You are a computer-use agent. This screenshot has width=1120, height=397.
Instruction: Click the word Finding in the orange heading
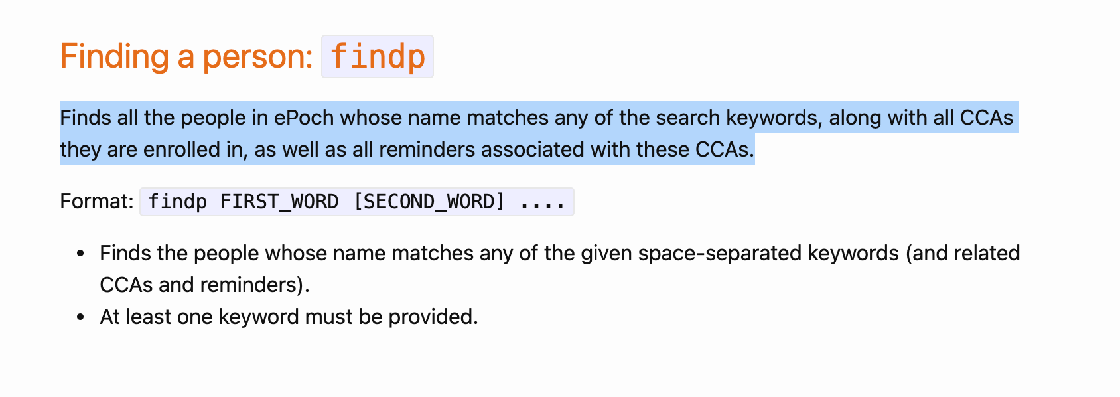point(115,56)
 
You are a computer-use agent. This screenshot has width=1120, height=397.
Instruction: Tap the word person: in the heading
point(257,56)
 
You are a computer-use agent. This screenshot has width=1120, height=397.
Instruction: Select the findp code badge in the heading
point(378,56)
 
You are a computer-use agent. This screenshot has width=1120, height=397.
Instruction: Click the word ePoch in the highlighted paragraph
point(304,118)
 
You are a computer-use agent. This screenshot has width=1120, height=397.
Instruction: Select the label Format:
point(97,201)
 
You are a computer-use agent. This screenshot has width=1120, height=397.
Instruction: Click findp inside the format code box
point(177,202)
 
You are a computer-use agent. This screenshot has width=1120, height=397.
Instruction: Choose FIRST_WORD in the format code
point(279,202)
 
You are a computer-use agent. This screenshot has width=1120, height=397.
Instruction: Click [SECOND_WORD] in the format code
point(429,202)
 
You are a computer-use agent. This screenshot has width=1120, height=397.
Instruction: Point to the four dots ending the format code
point(542,202)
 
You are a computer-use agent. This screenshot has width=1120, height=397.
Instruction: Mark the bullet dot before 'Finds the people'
point(80,253)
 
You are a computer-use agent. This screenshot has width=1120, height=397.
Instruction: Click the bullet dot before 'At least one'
point(80,317)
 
